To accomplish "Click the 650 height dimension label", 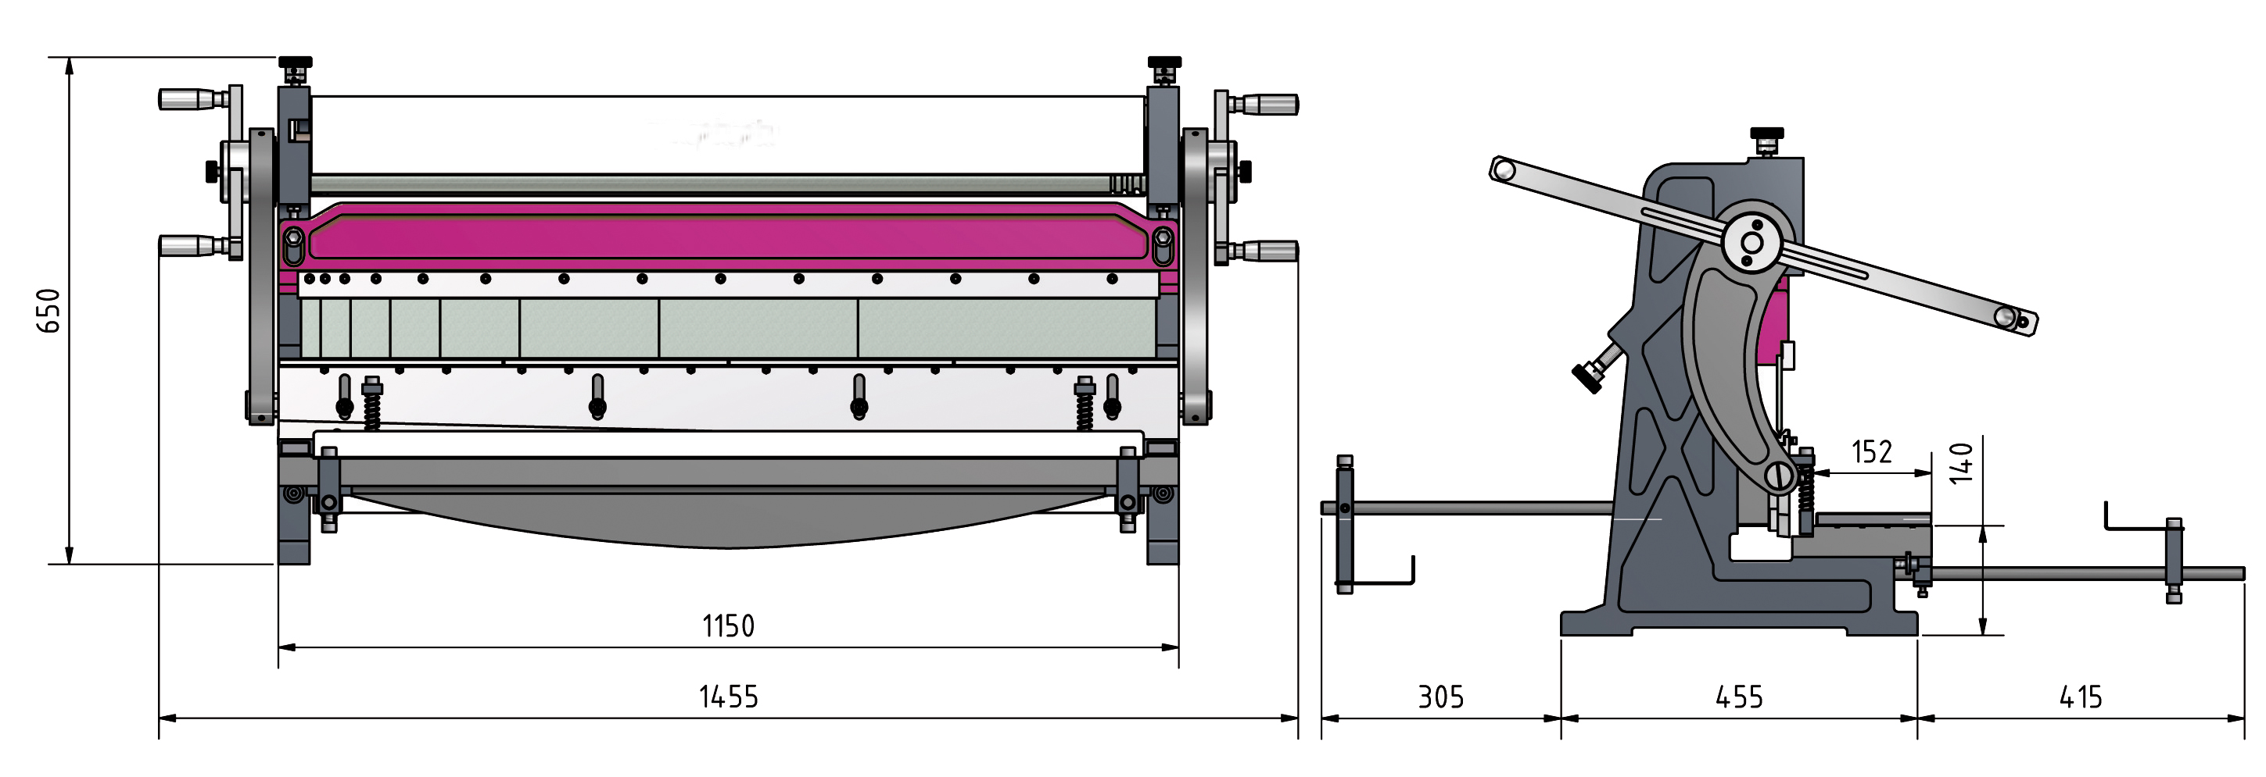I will tap(48, 310).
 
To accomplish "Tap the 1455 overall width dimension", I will tap(729, 697).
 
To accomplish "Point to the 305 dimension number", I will tap(1441, 698).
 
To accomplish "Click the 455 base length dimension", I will tap(1739, 698).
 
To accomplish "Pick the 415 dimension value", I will tap(2081, 698).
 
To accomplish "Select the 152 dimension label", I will tap(1872, 452).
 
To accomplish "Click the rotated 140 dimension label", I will tap(1962, 463).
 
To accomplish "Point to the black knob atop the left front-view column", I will tap(296, 63).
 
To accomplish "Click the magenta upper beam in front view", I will tap(729, 232).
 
